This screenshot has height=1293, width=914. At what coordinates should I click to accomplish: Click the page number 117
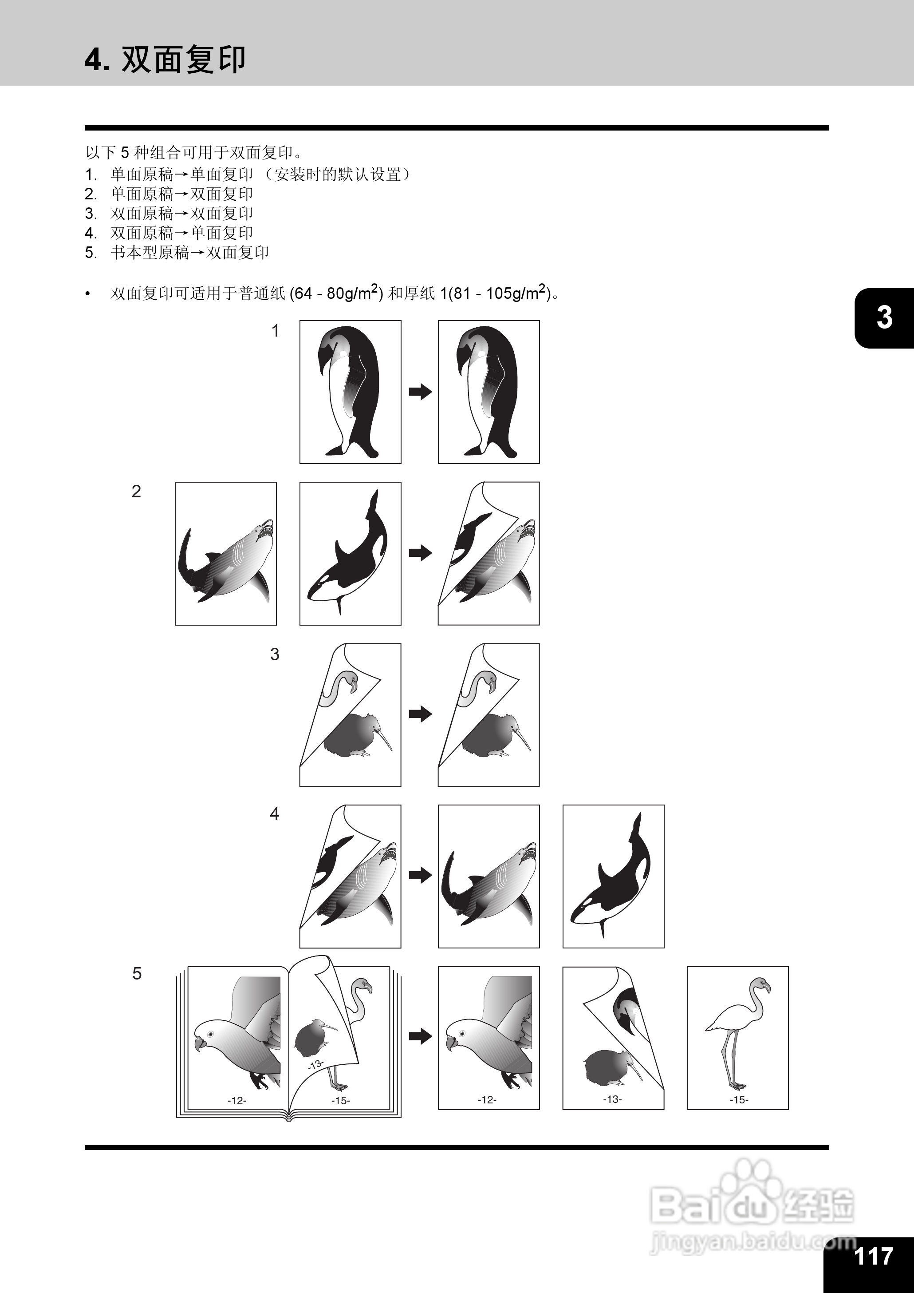pos(874,1255)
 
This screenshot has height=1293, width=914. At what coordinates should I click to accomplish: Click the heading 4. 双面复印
pos(165,59)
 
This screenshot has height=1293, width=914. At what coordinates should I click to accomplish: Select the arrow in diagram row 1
pos(420,392)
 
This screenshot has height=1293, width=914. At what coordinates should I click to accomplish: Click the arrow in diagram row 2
pos(420,552)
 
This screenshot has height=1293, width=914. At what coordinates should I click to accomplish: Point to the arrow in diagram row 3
pos(420,714)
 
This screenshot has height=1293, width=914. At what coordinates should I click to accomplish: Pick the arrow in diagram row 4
pos(420,875)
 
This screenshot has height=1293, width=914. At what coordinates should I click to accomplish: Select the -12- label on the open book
pos(237,1100)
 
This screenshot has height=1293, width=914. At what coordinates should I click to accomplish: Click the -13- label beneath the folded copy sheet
pos(612,1099)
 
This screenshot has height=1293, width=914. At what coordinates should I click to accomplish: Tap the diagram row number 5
pos(137,974)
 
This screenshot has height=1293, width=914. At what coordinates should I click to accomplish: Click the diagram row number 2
pos(136,492)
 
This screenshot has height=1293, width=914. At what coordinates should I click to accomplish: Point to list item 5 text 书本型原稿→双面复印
pos(189,252)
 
